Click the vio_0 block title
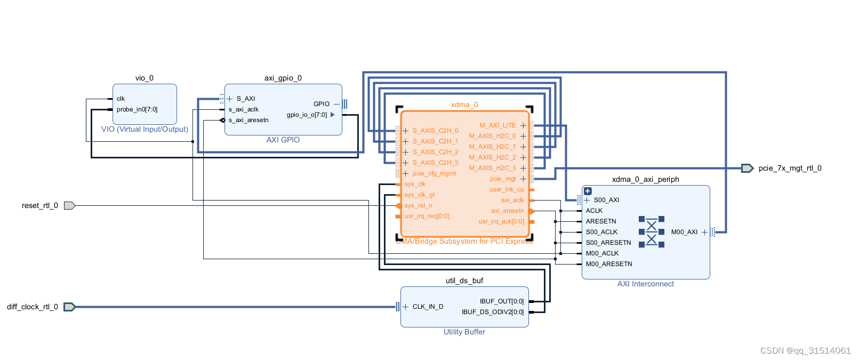(x=144, y=78)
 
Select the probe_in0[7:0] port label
(x=137, y=109)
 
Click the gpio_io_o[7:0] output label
(x=307, y=115)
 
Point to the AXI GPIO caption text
(x=283, y=140)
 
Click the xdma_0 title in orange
(x=464, y=105)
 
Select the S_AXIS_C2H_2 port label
(x=435, y=152)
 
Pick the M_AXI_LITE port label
(x=497, y=125)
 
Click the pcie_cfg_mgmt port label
(x=434, y=173)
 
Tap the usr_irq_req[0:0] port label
(x=427, y=216)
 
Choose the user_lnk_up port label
(x=507, y=189)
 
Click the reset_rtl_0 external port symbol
(x=69, y=205)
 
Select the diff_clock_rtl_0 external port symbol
(x=69, y=307)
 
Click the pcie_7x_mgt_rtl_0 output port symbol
(x=747, y=168)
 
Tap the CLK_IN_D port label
(x=428, y=307)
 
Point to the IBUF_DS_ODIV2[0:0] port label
(x=493, y=312)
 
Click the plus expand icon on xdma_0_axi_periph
(x=588, y=191)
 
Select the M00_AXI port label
(x=684, y=232)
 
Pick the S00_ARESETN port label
(x=608, y=243)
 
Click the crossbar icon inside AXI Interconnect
(x=651, y=232)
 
